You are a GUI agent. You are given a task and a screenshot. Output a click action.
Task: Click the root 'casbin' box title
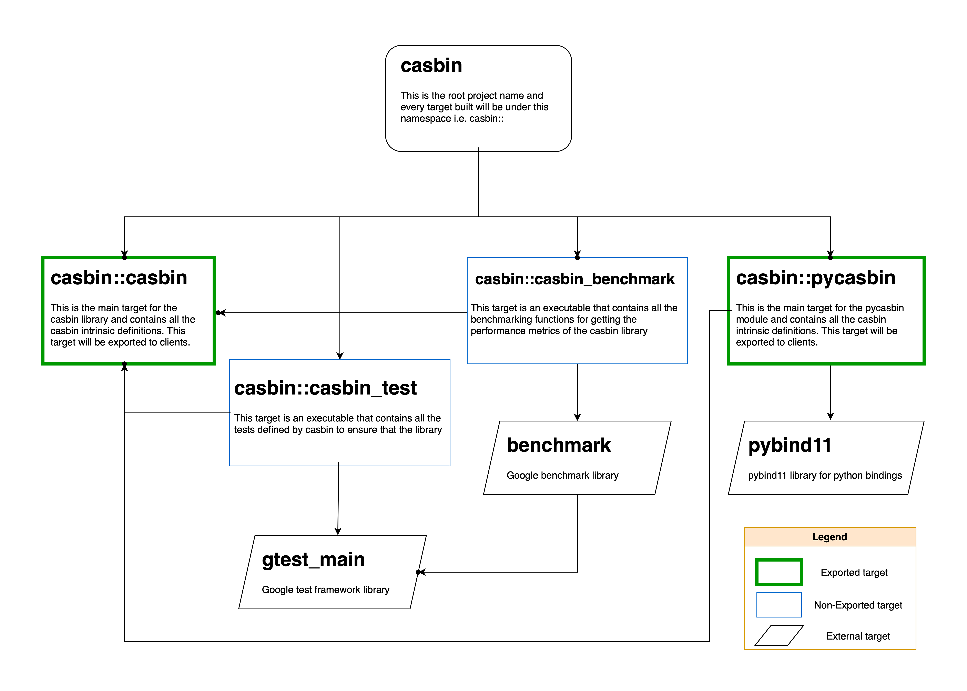coord(431,66)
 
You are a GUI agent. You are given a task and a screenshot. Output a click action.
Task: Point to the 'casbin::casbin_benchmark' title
coord(575,279)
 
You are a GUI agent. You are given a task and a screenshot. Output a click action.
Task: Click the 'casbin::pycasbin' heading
coord(815,278)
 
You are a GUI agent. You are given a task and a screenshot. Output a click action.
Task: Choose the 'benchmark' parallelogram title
coord(559,445)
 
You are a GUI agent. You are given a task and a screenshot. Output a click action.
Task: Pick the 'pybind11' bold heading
coord(789,445)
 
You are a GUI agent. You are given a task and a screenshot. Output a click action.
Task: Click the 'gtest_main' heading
coord(313,559)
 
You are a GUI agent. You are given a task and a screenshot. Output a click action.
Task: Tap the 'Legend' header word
coord(829,537)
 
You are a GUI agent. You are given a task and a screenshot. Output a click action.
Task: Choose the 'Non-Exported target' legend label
coord(858,605)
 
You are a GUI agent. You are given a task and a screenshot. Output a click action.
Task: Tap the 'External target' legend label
coord(858,636)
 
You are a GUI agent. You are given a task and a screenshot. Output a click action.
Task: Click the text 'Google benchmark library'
coord(562,475)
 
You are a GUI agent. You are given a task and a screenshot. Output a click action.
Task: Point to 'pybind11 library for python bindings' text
coord(825,475)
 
